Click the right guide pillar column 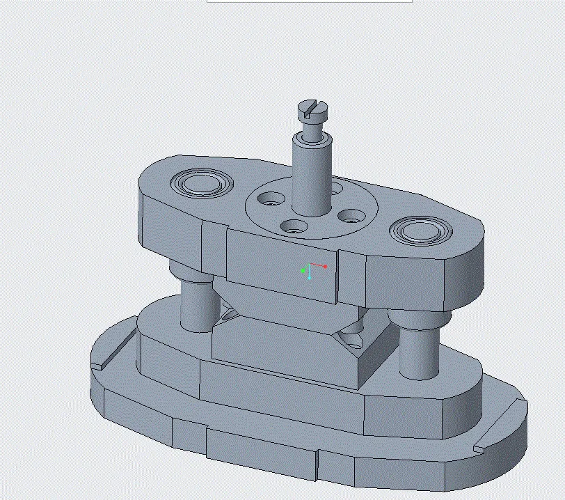point(419,352)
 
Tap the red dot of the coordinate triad point(325,267)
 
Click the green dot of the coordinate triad point(303,270)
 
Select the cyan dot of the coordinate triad point(309,278)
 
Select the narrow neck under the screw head point(312,128)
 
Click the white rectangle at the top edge point(309,1)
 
